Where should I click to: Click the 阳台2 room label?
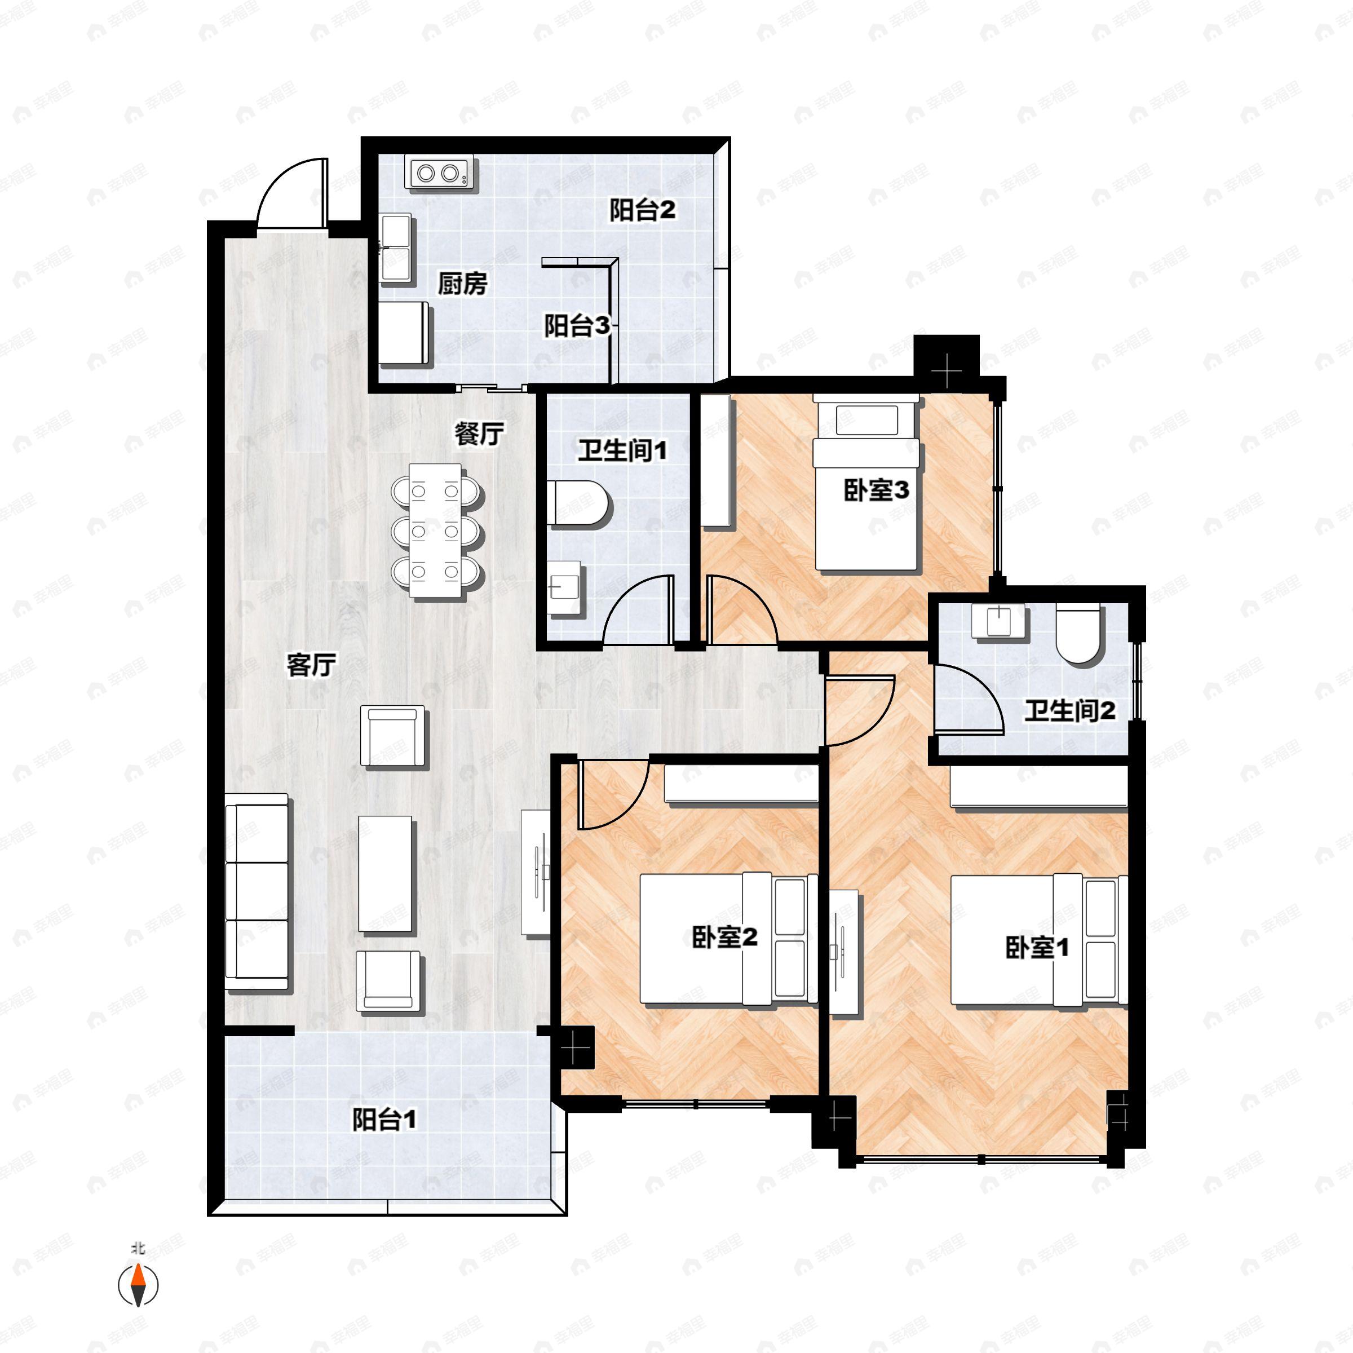point(642,210)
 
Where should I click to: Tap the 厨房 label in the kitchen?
point(462,284)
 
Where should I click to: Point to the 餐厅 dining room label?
point(479,434)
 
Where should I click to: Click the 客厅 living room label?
point(311,665)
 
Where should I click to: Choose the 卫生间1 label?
point(622,450)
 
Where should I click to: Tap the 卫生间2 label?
point(1069,711)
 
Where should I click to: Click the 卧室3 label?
point(876,490)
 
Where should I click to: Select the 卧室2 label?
point(724,937)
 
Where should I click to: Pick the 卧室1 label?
point(1037,948)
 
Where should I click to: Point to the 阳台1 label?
point(384,1120)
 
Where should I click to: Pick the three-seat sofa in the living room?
point(257,891)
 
